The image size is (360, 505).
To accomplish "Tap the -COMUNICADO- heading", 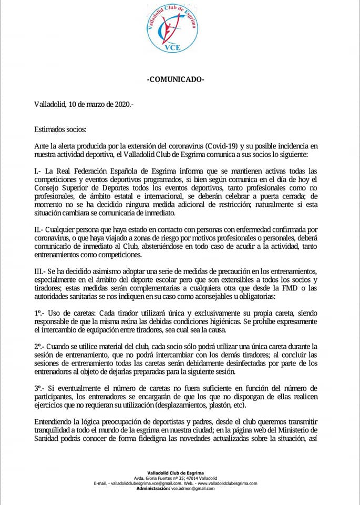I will tap(176, 79).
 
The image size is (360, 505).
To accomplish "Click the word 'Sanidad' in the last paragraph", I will tap(48, 438).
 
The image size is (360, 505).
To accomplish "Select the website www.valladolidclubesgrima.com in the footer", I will tap(226, 483).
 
